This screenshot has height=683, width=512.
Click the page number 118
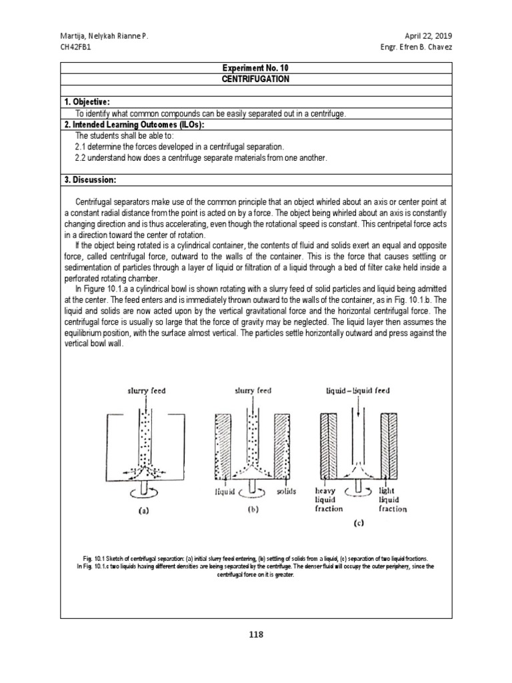tap(256, 634)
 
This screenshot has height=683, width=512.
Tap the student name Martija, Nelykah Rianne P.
tap(103, 35)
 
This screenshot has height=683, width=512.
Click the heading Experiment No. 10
tap(256, 67)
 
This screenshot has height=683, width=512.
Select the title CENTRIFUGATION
tap(256, 78)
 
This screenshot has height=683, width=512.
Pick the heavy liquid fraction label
tap(328, 499)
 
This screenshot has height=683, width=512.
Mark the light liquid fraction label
tap(392, 499)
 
